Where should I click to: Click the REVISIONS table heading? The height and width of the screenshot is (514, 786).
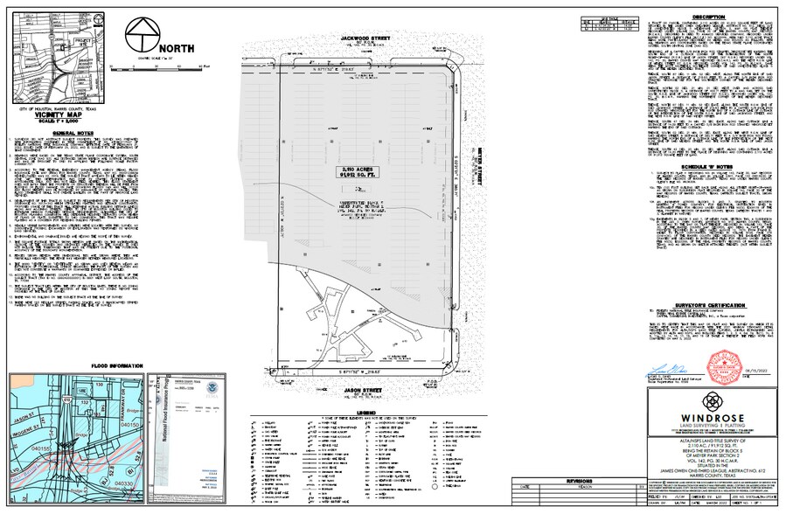click(579, 481)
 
